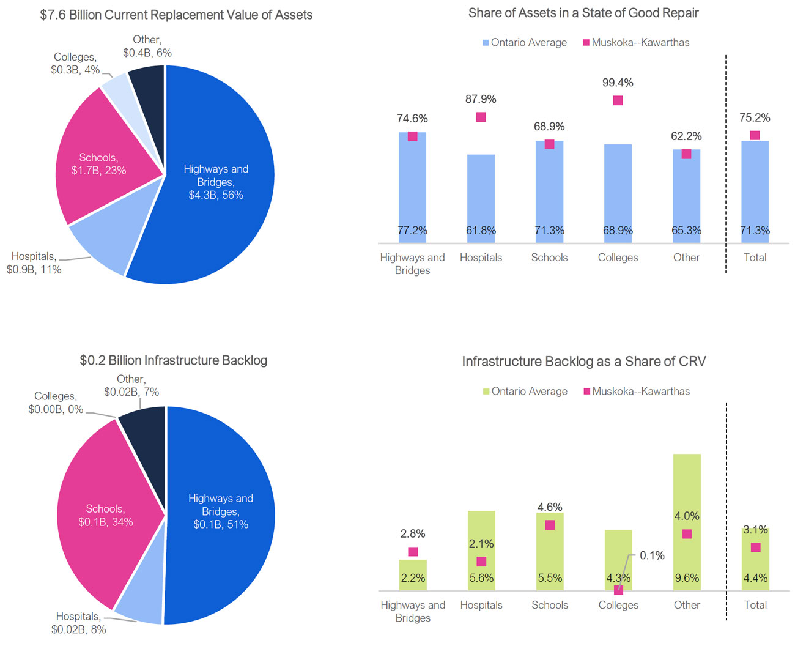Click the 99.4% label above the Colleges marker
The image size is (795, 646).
pos(618,83)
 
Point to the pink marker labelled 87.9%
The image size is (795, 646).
pos(481,117)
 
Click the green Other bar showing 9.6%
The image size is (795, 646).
pos(687,489)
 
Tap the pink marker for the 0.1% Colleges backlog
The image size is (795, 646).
pos(618,590)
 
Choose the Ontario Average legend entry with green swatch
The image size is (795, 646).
pos(525,392)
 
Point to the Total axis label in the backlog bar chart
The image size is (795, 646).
pos(755,605)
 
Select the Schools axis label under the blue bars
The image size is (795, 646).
pos(549,258)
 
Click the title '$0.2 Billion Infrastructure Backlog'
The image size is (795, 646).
pos(174,360)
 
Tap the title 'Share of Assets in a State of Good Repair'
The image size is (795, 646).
pos(583,13)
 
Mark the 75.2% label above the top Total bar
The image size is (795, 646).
pos(755,117)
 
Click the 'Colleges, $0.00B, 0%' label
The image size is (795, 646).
pos(56,403)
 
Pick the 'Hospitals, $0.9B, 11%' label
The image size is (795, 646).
pos(34,263)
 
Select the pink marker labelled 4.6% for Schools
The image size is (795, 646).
pos(550,525)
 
